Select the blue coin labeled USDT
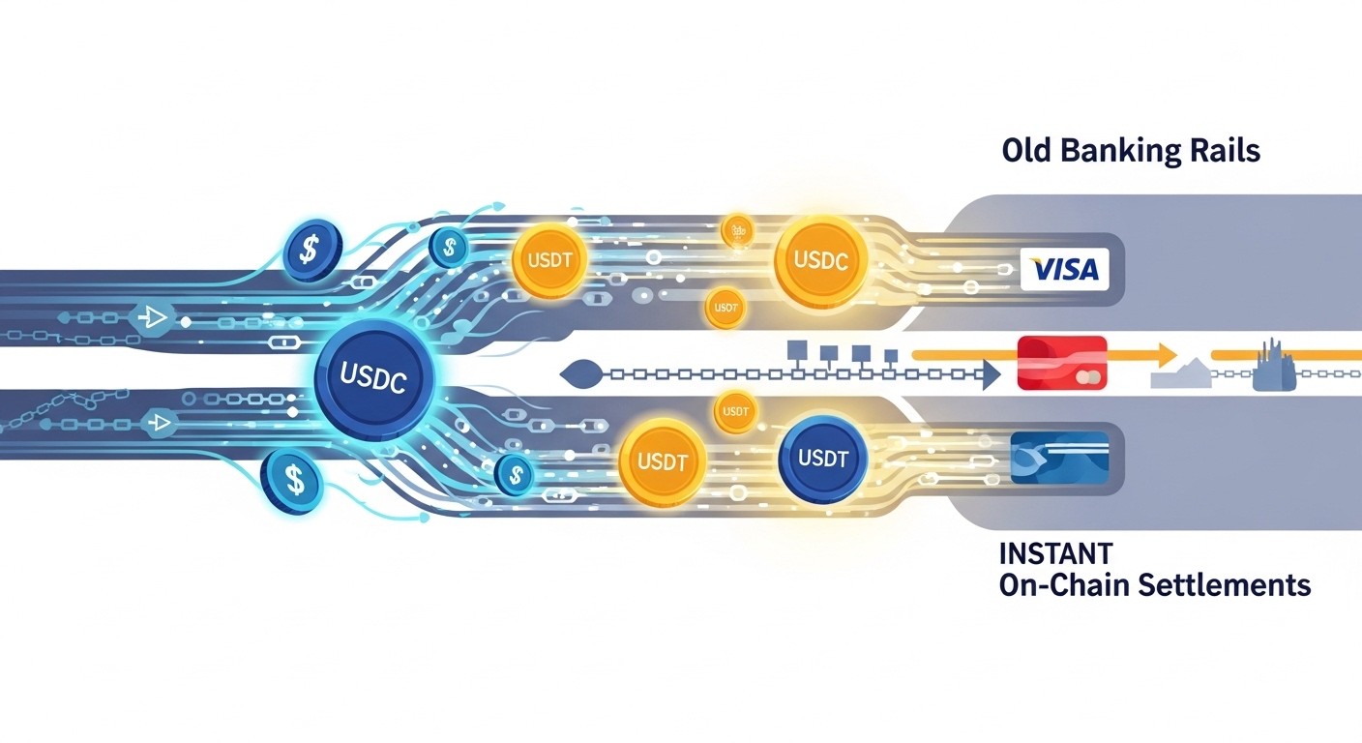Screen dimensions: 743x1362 (823, 459)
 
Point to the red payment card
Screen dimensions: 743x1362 (1061, 363)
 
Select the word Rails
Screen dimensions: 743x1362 (1227, 151)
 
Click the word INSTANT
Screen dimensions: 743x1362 (1055, 553)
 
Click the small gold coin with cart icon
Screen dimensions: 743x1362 (736, 230)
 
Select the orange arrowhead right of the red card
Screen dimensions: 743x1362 (1167, 354)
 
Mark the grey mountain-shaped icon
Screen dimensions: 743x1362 (1181, 373)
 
